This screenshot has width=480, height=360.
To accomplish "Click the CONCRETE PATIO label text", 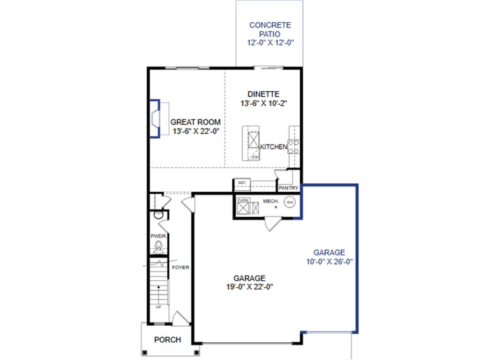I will [270, 30].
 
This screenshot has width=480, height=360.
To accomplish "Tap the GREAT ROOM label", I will [195, 122].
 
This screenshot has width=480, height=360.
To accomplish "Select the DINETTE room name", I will [264, 94].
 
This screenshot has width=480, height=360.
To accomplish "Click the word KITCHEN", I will [274, 147].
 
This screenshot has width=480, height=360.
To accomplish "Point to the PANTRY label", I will [288, 188].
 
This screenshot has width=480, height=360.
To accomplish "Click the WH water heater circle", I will [290, 202].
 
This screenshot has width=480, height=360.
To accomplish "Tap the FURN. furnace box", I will [242, 200].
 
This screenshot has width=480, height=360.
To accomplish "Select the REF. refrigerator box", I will [242, 182].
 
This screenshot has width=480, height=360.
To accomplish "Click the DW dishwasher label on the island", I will [255, 157].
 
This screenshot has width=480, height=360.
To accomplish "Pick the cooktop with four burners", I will [294, 147].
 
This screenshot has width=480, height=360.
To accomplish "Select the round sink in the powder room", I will [157, 216].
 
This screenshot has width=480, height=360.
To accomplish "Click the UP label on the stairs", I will [158, 307].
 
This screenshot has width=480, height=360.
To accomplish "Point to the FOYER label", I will [180, 268].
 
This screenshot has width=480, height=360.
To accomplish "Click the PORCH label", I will [167, 340].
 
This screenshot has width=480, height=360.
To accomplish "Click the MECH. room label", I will [271, 201].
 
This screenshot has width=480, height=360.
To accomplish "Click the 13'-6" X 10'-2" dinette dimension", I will [264, 104].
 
